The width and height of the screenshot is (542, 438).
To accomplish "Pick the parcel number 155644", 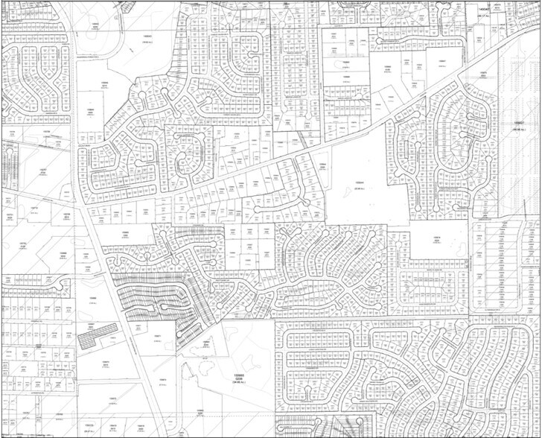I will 358,182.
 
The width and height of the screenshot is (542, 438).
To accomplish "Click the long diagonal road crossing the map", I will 298,149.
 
